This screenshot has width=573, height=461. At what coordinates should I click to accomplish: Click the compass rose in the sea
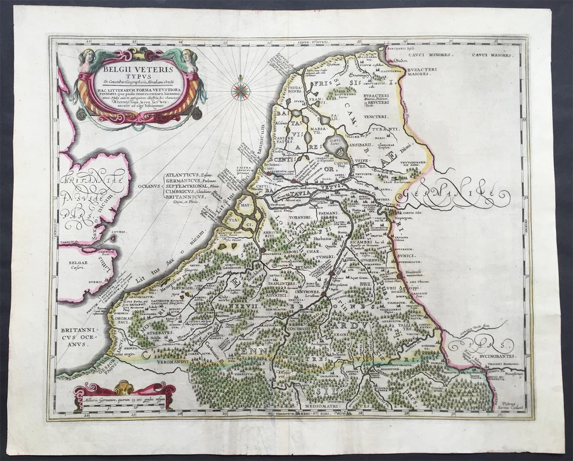pyautogui.click(x=241, y=90)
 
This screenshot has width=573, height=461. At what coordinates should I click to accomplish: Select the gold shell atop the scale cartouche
pyautogui.click(x=124, y=386)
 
